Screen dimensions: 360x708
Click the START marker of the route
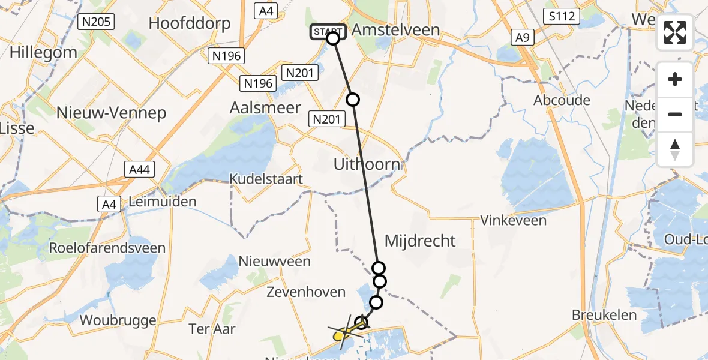tap(328, 32)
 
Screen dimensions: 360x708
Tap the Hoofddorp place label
tap(189, 24)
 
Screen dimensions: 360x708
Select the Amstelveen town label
tap(395, 30)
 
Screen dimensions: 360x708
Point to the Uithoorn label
tap(367, 164)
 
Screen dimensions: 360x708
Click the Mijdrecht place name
tap(420, 241)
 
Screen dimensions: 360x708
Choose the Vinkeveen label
tap(513, 220)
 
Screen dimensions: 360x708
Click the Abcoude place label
tap(562, 100)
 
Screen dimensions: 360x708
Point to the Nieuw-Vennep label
tap(111, 113)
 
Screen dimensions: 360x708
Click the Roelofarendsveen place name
tap(107, 248)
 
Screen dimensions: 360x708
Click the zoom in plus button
tap(675, 79)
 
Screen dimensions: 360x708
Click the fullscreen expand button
tap(675, 32)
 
